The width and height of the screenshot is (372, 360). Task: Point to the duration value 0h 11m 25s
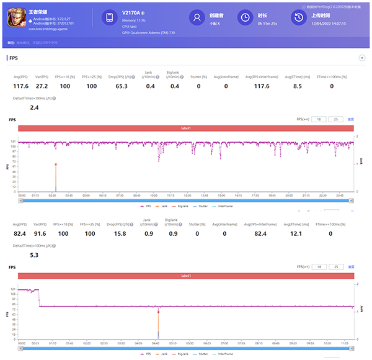pos(268,24)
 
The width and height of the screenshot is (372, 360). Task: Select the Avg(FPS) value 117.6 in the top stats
pos(21,86)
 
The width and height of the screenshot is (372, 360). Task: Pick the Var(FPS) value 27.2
pos(42,86)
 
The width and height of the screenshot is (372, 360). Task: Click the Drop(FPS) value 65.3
pos(122,86)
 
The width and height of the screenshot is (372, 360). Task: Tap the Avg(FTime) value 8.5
pos(297,86)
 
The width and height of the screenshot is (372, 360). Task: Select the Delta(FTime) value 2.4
pos(34,107)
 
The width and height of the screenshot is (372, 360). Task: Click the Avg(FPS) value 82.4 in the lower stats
pos(21,233)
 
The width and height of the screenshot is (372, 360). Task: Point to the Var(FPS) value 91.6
pos(42,233)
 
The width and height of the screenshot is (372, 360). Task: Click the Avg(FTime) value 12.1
pos(297,233)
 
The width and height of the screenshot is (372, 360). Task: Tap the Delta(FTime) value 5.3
pos(34,254)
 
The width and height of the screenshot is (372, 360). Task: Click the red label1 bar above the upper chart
pos(186,128)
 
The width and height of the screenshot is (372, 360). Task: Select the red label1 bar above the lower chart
pos(186,275)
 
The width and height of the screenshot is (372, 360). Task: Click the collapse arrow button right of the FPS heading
pos(361,58)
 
